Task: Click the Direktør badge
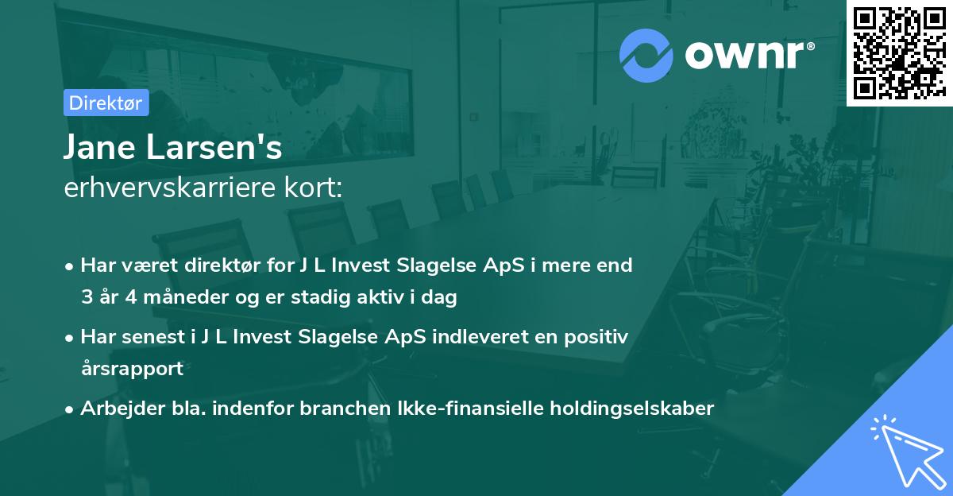tap(106, 103)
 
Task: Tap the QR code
tap(899, 53)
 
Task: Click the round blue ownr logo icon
tap(645, 54)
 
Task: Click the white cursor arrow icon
tap(908, 451)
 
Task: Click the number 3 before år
tap(86, 297)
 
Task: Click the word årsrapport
tap(132, 369)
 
